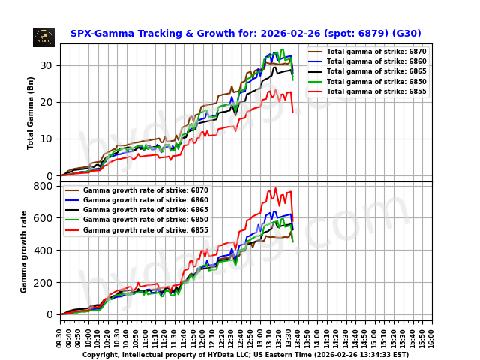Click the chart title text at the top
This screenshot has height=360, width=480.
(245, 34)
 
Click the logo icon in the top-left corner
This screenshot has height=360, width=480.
(43, 37)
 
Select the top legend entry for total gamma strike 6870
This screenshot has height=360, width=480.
(367, 51)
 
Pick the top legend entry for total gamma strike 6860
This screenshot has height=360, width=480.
(367, 61)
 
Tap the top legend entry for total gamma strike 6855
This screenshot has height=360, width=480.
(367, 91)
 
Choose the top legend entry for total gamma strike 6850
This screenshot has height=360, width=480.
(367, 81)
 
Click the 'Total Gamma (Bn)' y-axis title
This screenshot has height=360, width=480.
(31, 112)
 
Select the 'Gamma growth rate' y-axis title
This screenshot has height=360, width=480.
(24, 251)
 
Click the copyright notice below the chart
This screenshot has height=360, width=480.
(245, 355)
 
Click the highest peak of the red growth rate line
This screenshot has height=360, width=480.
(275, 188)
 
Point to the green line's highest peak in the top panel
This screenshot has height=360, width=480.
(282, 50)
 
